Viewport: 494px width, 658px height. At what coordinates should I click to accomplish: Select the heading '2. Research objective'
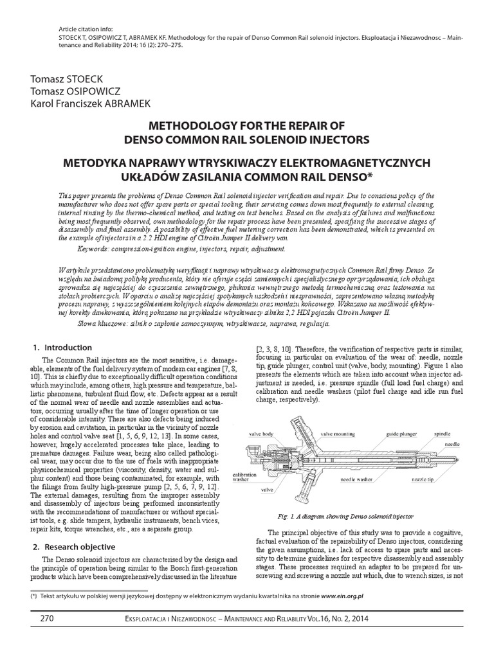tap(74, 547)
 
